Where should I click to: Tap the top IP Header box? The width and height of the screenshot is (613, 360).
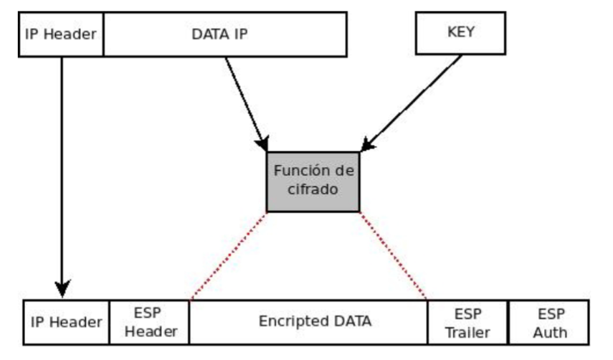pyautogui.click(x=61, y=34)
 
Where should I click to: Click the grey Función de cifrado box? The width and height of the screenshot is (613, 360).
pyautogui.click(x=313, y=182)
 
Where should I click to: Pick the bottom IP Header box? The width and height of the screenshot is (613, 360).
pyautogui.click(x=66, y=322)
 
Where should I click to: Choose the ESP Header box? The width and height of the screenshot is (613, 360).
pyautogui.click(x=149, y=322)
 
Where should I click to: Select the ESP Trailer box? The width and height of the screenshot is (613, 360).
pyautogui.click(x=467, y=322)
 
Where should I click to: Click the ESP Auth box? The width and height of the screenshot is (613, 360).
pyautogui.click(x=548, y=322)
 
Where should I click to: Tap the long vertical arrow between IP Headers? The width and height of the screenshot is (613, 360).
pyautogui.click(x=62, y=172)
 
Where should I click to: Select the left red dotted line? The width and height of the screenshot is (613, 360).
pyautogui.click(x=229, y=255)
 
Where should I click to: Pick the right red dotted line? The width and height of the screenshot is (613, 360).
pyautogui.click(x=393, y=255)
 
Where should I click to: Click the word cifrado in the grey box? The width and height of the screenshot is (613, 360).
pyautogui.click(x=313, y=191)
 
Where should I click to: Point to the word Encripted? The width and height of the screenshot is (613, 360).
pyautogui.click(x=288, y=321)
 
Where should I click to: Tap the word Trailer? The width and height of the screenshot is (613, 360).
pyautogui.click(x=467, y=332)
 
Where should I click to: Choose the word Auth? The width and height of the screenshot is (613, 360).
pyautogui.click(x=549, y=332)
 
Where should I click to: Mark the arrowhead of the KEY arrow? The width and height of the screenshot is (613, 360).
pyautogui.click(x=366, y=146)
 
